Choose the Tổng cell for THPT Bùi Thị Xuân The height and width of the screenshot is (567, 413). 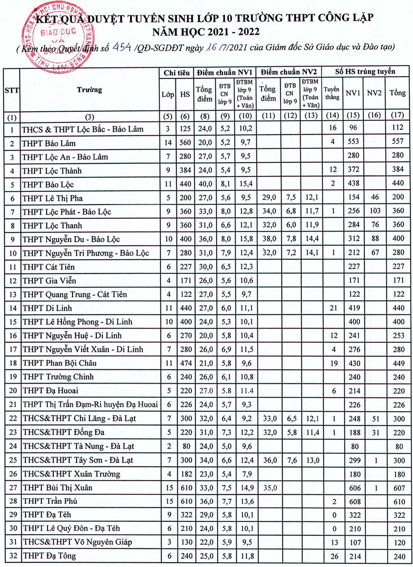[398, 488]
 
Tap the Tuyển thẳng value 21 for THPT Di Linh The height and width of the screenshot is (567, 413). [333, 308]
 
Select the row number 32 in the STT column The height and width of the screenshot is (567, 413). [12, 556]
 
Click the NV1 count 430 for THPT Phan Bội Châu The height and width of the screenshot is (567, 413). [353, 363]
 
